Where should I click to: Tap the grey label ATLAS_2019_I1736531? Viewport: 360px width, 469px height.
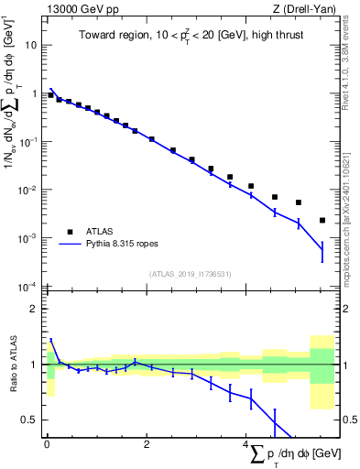(190, 274)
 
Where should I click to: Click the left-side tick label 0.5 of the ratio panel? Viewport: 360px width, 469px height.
(31, 420)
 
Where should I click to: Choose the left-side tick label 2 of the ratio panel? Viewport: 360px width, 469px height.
(36, 309)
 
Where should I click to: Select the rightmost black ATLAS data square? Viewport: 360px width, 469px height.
(322, 220)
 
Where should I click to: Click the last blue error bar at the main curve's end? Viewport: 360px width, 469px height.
(322, 249)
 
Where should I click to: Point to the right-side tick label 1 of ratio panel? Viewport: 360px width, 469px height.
(347, 365)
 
